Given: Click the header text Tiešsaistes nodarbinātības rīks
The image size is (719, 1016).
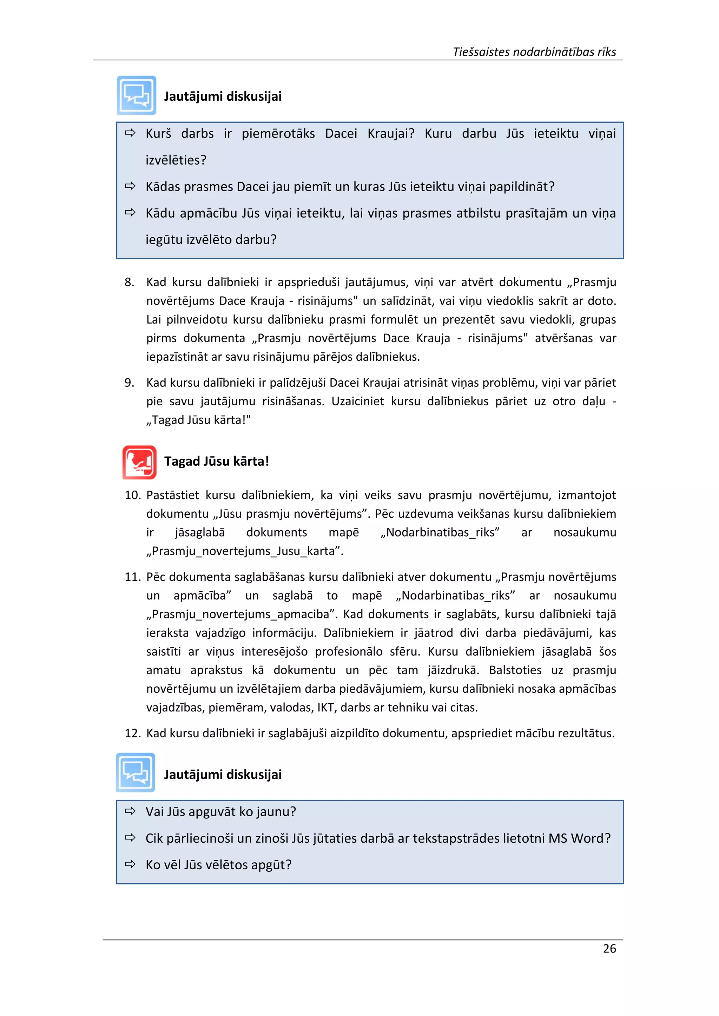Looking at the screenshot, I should (x=534, y=52).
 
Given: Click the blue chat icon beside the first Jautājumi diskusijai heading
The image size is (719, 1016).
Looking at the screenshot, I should (x=136, y=95).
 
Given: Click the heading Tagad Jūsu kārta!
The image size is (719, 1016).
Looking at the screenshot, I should (x=217, y=461).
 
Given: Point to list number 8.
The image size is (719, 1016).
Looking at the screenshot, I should (x=129, y=282).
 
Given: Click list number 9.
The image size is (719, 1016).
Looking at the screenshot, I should (x=129, y=383).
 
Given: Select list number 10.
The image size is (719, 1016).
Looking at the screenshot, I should (x=132, y=495).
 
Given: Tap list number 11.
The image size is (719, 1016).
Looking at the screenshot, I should (x=132, y=577).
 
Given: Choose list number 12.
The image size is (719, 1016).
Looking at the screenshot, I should (x=132, y=733).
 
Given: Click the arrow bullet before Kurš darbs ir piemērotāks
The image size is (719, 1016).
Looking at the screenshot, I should (x=130, y=133).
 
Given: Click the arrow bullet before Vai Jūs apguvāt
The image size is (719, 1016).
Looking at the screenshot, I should (x=130, y=811).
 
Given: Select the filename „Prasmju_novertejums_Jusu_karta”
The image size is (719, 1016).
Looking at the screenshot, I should (x=245, y=551).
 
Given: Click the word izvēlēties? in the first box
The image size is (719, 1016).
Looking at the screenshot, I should (x=176, y=160).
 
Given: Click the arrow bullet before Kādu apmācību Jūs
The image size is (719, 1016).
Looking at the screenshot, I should (x=130, y=212).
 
